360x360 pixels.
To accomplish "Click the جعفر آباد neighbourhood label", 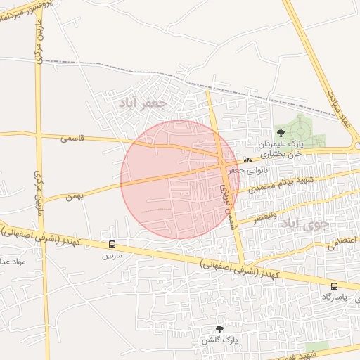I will (143, 103).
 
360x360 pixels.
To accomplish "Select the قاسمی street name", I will (72, 139).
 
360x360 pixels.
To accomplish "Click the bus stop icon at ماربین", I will (112, 244).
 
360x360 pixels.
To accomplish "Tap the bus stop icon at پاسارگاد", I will (334, 286).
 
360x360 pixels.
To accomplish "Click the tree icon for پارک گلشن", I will (219, 329).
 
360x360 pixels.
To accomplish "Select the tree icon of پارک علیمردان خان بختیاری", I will (281, 131).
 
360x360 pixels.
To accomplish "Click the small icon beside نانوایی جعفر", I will (247, 160).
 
